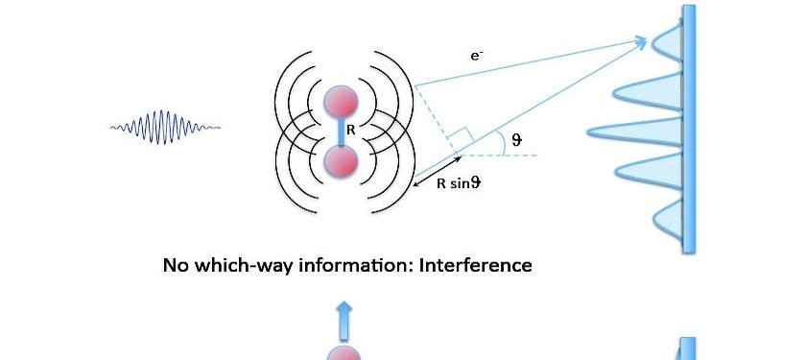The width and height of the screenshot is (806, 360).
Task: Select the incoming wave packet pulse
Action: [165, 126]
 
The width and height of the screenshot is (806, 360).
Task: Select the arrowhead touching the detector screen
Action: [640, 40]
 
